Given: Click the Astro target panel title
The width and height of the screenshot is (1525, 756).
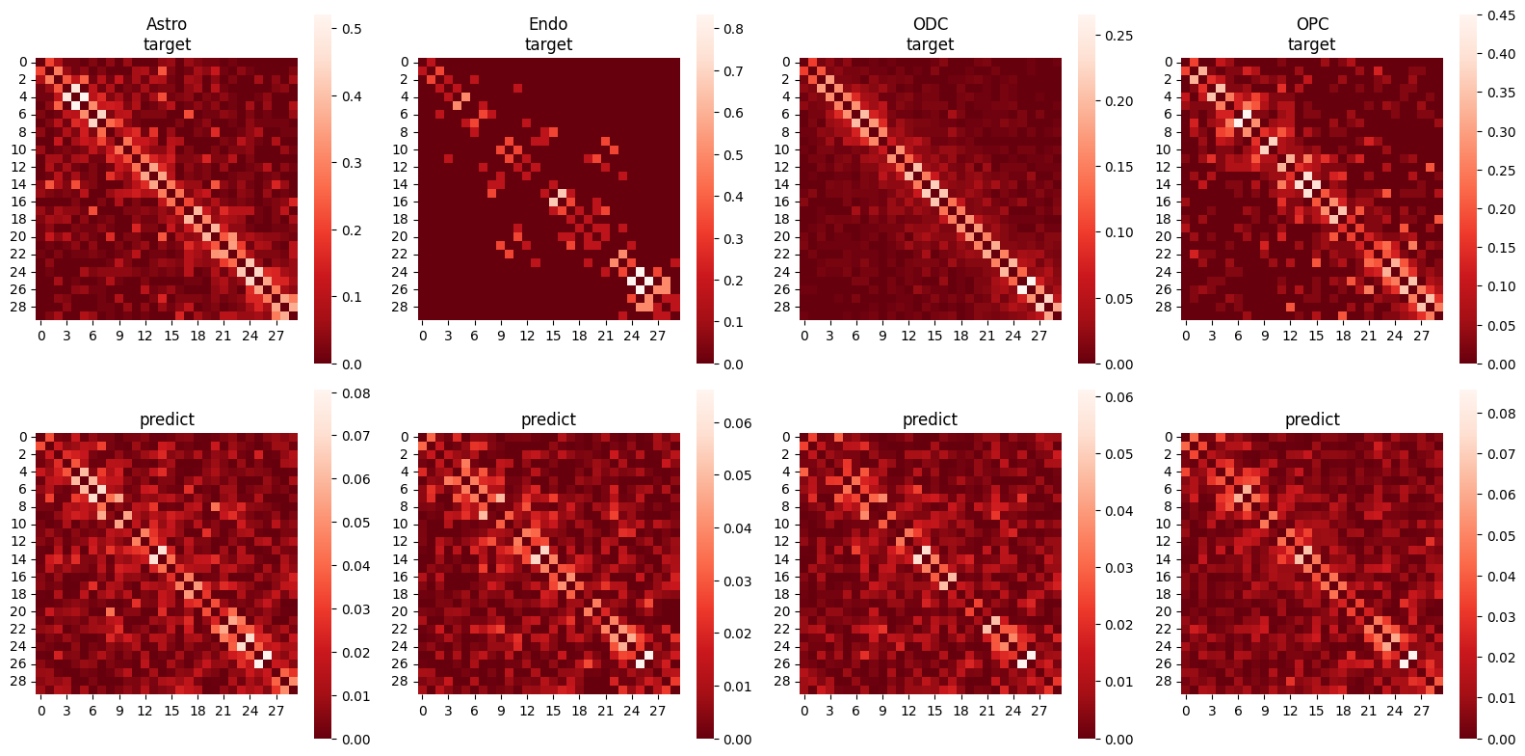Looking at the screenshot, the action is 167,34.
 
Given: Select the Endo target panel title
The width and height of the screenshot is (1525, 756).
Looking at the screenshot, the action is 548,34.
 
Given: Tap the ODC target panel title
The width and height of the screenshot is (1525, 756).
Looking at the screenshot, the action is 930,34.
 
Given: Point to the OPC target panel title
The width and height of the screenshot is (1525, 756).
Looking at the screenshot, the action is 1312,34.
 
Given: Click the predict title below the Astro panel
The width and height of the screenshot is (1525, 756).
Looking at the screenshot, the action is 167,419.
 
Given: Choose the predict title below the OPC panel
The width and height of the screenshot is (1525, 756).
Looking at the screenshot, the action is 1312,419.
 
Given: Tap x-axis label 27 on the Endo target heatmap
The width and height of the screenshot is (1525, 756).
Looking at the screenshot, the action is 658,336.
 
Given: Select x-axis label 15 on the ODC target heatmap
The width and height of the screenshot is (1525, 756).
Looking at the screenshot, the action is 934,336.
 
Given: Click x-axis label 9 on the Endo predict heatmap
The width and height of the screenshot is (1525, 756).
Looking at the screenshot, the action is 501,712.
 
